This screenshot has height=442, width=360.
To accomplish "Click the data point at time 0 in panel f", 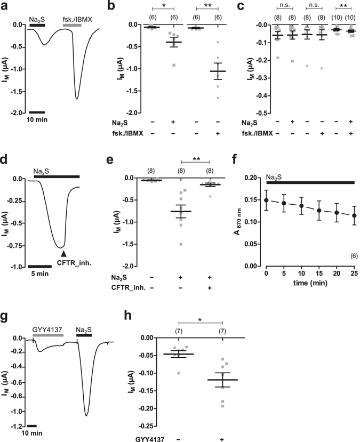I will pos(266,200).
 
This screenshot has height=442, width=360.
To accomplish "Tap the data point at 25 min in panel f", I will pos(354,215).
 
